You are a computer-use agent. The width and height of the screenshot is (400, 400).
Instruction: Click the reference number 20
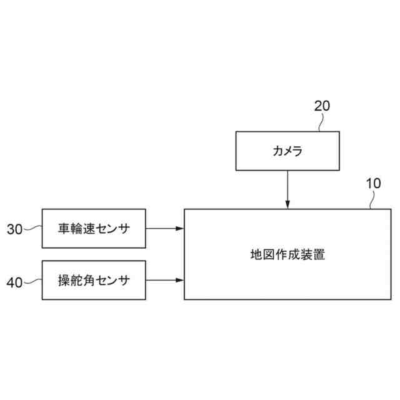point(322,106)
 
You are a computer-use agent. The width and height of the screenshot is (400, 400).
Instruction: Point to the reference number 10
point(372,184)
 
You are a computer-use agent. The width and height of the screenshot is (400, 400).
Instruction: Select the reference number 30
point(14,229)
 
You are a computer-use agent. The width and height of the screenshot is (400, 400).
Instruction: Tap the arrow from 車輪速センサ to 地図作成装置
point(165,229)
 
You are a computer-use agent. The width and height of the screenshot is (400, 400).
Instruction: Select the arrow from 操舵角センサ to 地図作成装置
point(165,280)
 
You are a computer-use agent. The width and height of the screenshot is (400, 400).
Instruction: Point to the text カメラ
point(287,151)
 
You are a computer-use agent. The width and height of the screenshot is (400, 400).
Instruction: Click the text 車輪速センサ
point(94,229)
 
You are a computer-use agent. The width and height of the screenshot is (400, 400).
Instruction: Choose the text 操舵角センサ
point(94,280)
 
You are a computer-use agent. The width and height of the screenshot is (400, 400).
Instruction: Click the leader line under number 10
point(373,200)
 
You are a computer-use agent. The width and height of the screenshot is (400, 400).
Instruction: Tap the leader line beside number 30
point(32,229)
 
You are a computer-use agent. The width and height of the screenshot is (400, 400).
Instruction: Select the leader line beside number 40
point(32,281)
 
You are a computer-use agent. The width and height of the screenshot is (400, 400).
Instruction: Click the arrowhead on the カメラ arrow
point(287,204)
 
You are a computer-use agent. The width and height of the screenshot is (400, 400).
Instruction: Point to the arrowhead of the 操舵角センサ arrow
point(181,280)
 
